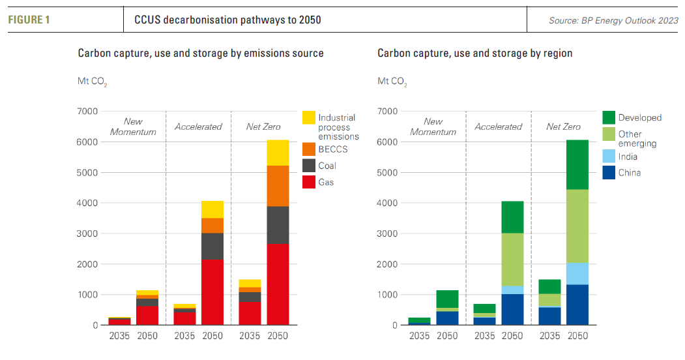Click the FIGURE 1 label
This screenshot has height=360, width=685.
click(x=29, y=20)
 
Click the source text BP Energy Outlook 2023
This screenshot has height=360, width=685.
click(x=613, y=21)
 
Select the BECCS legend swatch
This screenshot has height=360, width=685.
click(x=309, y=149)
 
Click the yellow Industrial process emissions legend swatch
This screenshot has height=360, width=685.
click(x=309, y=118)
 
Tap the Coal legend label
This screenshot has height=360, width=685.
click(x=327, y=166)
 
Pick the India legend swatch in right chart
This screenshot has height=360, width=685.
click(x=608, y=157)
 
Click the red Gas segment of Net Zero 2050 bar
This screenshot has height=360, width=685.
click(x=278, y=284)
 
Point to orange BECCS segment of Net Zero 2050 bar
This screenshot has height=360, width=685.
click(x=278, y=186)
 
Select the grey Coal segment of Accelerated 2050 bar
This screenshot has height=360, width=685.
click(x=212, y=246)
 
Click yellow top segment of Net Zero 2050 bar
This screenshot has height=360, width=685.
click(x=278, y=153)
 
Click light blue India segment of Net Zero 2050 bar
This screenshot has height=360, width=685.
click(x=577, y=274)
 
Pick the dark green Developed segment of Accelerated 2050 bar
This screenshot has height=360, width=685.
click(x=512, y=217)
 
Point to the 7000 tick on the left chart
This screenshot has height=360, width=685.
click(x=87, y=112)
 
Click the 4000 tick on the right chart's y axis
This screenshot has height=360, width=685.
click(x=387, y=203)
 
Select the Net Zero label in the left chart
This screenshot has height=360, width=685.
click(x=263, y=127)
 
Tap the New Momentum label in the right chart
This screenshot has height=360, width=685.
click(x=433, y=127)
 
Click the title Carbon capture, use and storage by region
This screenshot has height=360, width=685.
click(x=474, y=53)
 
